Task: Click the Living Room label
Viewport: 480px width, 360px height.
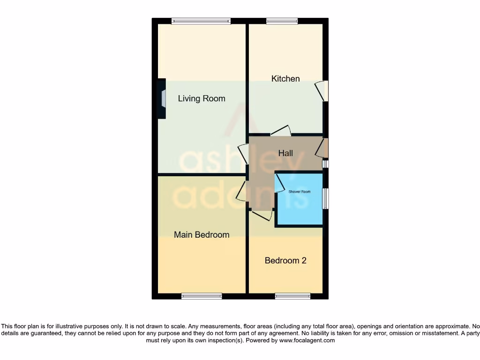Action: tap(202, 98)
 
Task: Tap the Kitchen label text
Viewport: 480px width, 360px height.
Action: tap(285, 78)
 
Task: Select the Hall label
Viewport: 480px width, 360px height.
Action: tap(285, 153)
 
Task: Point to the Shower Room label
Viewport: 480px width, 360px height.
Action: tap(300, 192)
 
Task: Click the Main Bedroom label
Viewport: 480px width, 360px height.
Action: tap(202, 234)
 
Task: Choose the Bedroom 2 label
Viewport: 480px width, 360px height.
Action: tap(285, 260)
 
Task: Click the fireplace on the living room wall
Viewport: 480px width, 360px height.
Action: tap(162, 98)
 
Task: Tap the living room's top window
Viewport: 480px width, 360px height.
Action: tap(201, 21)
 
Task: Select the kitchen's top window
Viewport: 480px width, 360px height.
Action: tap(282, 21)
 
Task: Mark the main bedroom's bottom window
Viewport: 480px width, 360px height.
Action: tap(202, 296)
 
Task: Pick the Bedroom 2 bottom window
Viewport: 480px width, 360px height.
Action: tap(292, 296)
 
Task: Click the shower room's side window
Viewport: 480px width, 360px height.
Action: tap(325, 199)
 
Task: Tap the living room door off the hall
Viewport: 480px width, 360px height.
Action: tap(243, 154)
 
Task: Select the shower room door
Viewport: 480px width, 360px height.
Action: tap(279, 183)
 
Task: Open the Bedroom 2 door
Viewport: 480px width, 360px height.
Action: tap(262, 216)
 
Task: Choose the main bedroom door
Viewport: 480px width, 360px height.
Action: tap(241, 191)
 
